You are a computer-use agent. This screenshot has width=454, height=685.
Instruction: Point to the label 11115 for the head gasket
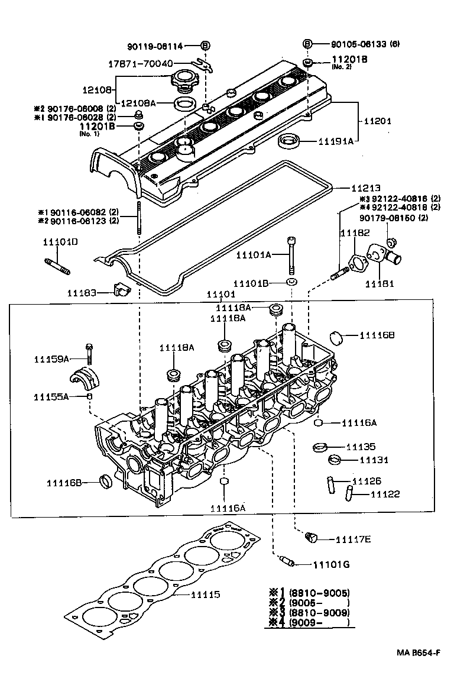tap(205, 594)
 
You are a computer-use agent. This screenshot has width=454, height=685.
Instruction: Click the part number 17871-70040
tap(140, 63)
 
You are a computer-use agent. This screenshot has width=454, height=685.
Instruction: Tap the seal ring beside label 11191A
tap(289, 141)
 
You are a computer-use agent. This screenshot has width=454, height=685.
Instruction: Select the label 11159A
tap(51, 358)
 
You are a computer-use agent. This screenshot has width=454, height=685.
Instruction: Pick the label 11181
tap(380, 284)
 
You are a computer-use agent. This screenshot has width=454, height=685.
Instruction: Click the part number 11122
tap(385, 493)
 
